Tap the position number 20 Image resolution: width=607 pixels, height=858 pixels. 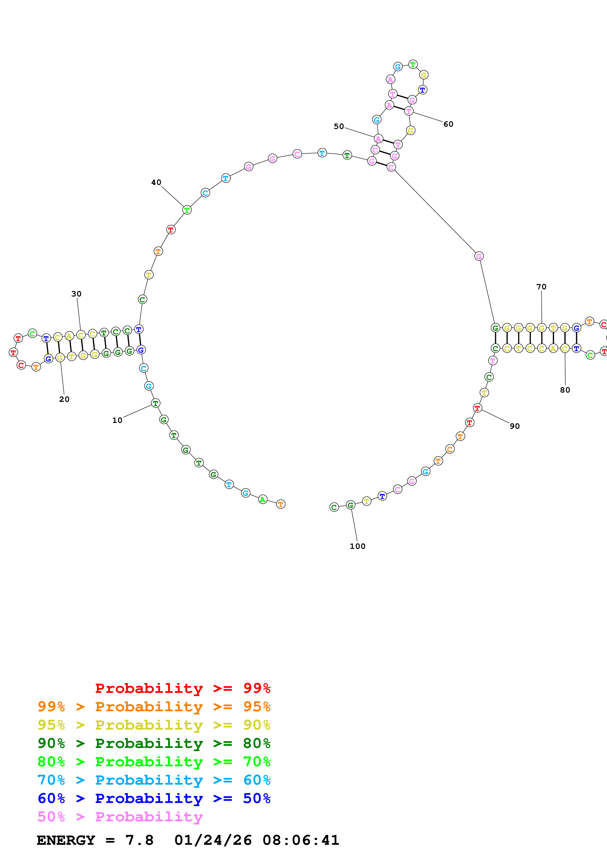coord(64,399)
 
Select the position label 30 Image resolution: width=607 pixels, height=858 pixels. coord(76,294)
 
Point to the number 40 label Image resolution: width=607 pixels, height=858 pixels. coord(156,182)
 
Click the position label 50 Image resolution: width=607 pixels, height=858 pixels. coord(339,126)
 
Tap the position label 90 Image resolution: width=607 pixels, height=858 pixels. coord(515,426)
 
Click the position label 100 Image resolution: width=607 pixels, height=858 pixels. coord(357,546)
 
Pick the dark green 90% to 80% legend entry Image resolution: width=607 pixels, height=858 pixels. coord(154,743)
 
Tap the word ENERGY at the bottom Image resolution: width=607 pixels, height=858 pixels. coord(66,840)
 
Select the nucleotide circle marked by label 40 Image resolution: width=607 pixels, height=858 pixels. coord(187,210)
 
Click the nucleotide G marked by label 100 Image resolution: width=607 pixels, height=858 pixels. coord(350,505)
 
